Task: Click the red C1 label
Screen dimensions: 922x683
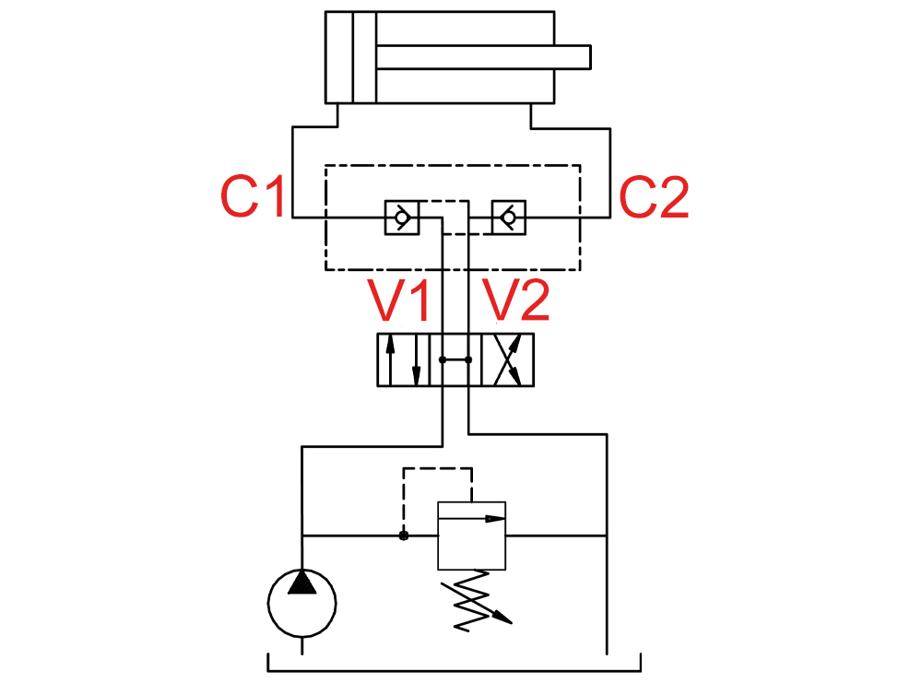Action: pos(253,195)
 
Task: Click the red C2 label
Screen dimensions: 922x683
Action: pos(654,197)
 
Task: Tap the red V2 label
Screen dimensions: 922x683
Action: pos(515,300)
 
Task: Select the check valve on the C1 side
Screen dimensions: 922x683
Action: pos(402,218)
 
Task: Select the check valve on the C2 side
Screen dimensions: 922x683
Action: pos(509,218)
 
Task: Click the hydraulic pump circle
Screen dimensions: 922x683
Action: pos(301,603)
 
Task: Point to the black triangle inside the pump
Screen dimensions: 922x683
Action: pos(301,583)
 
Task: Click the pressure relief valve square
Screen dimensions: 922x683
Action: pos(471,536)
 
